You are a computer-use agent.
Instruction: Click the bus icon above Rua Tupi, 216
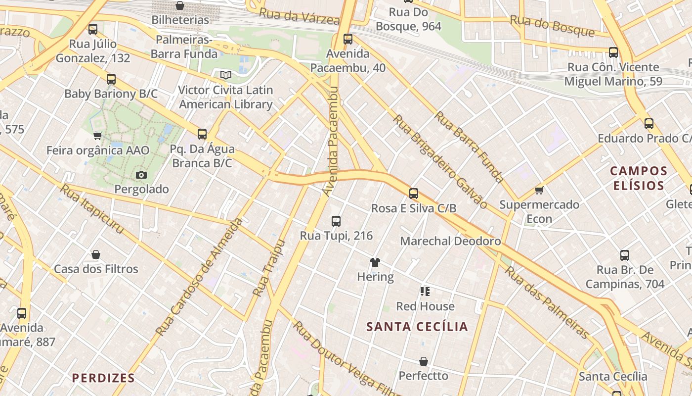336,221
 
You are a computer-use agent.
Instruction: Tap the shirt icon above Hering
375,262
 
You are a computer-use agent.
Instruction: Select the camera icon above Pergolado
141,175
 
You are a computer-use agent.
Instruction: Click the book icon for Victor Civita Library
226,75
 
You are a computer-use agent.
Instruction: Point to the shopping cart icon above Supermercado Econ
539,190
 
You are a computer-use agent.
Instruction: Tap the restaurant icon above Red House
425,292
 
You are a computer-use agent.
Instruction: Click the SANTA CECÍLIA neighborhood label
417,327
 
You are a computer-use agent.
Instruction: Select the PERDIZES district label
103,378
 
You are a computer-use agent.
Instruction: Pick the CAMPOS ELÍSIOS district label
639,178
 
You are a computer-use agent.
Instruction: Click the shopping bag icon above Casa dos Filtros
96,254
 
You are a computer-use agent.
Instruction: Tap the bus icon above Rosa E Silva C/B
414,194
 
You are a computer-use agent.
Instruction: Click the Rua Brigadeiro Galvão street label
440,161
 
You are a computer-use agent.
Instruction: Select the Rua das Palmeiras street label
547,302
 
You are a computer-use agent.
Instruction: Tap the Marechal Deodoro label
450,241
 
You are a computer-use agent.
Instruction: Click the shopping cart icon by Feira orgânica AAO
98,136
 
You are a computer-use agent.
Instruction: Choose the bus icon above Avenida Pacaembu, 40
348,39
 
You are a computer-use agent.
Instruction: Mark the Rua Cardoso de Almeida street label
199,276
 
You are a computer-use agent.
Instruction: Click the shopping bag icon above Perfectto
423,361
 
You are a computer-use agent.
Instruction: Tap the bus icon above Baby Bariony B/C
111,79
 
